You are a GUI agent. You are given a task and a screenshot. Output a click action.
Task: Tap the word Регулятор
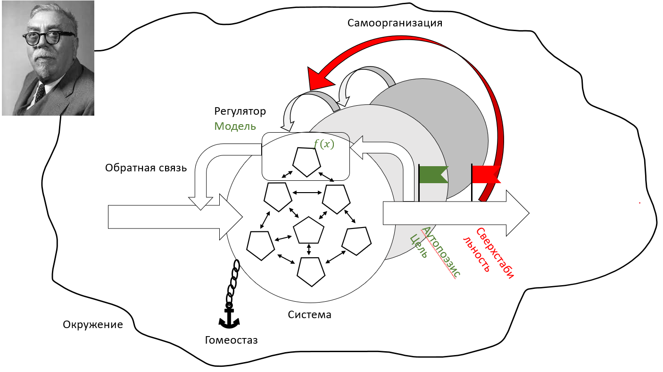240,111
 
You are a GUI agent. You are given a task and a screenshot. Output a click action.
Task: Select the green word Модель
235,127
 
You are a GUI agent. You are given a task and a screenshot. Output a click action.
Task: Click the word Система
309,314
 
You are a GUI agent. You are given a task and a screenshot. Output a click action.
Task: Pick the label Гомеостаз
231,340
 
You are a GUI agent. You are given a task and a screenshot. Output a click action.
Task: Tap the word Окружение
92,325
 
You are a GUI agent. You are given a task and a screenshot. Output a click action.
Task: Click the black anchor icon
229,317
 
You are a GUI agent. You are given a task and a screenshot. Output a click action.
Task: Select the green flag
432,174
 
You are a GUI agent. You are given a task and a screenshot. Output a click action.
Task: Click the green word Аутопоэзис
440,252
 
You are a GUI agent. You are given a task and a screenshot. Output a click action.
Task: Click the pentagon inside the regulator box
307,162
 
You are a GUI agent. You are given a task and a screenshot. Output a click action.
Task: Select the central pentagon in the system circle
308,231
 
